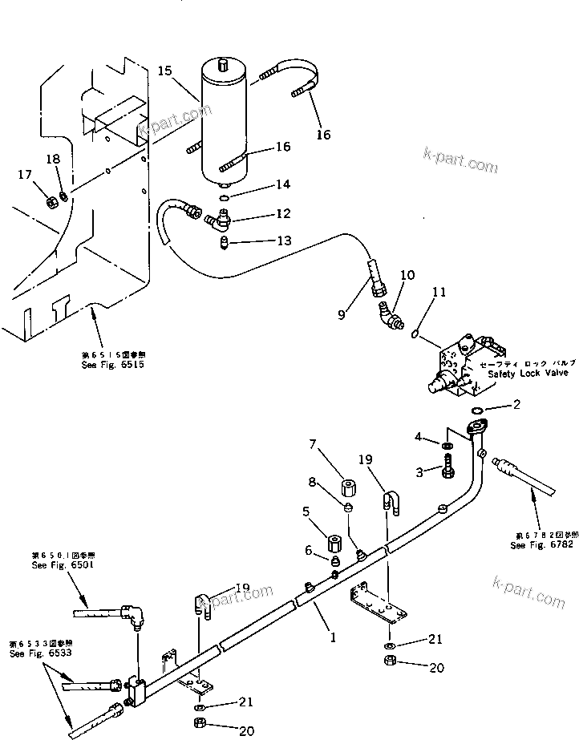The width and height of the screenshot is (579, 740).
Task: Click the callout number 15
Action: click(164, 71)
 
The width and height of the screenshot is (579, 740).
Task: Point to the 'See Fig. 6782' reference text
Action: click(542, 544)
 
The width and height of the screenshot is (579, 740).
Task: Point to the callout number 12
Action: click(261, 213)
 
